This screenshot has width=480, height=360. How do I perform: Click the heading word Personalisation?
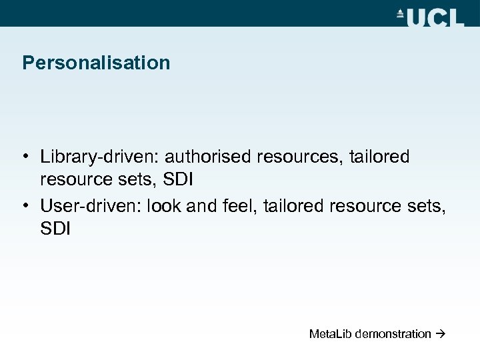click(x=96, y=63)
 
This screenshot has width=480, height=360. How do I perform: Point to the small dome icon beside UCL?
click(x=401, y=14)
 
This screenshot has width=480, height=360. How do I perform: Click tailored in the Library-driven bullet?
click(x=381, y=157)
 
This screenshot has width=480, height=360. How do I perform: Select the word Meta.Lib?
click(x=330, y=334)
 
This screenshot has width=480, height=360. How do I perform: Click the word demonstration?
click(x=393, y=334)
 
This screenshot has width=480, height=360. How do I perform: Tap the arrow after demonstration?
click(x=441, y=334)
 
